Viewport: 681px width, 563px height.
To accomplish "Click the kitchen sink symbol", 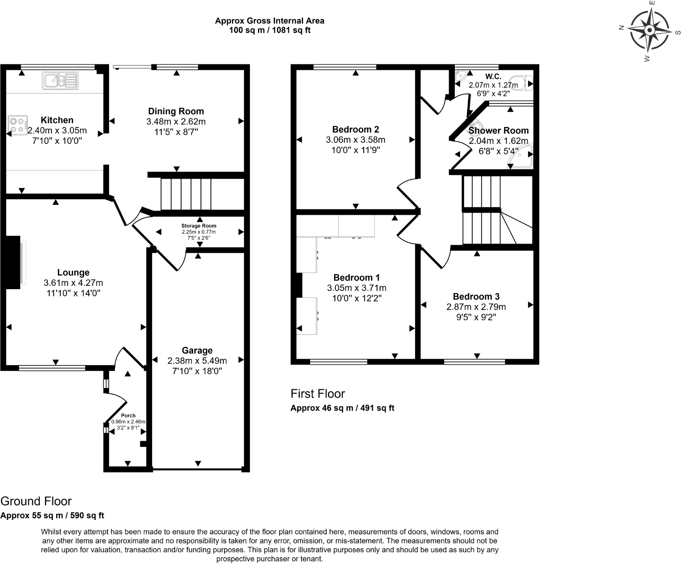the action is [60, 81].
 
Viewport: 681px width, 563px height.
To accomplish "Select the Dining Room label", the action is [176, 111].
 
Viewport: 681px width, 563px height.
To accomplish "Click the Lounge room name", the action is [73, 273].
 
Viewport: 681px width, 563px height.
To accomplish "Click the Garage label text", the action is [197, 350].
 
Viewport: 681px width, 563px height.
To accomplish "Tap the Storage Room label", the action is [199, 226].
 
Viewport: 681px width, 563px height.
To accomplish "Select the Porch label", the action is [128, 415].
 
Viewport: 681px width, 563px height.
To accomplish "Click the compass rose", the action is [650, 30].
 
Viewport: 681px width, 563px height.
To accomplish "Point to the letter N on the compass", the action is [621, 28].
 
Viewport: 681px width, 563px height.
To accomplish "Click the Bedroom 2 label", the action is [356, 129].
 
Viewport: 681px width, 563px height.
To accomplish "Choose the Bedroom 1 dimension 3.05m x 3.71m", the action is [357, 288].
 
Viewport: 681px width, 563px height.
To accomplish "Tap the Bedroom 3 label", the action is [476, 297].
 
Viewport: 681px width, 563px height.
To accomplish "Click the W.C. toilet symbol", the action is [522, 83].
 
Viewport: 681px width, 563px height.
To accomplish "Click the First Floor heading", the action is [318, 393].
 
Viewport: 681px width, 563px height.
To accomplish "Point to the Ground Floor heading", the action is [36, 501].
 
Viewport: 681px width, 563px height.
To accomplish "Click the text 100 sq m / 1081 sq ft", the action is [270, 30].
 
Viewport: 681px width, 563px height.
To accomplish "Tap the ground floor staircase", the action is [186, 194].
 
